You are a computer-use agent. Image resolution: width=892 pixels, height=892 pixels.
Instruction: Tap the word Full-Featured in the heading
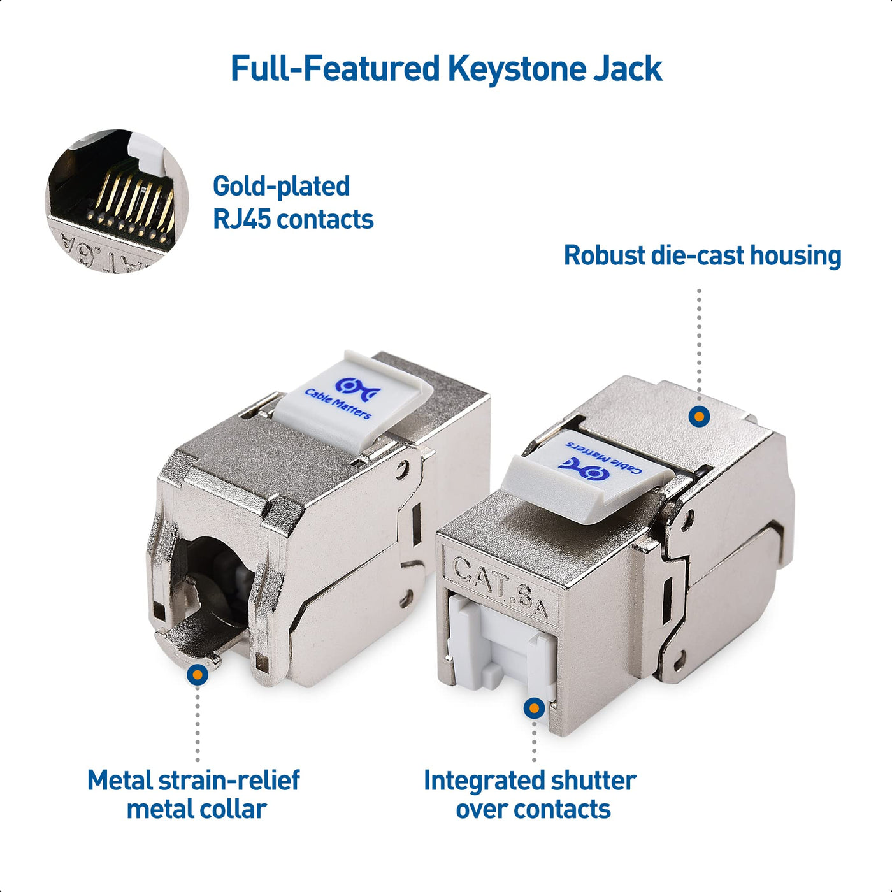(x=334, y=69)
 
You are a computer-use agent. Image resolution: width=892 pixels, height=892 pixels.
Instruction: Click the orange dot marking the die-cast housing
(x=699, y=416)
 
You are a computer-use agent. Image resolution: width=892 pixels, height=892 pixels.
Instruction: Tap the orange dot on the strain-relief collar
(x=198, y=675)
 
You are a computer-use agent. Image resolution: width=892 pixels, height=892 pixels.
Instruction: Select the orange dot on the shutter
(x=534, y=709)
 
